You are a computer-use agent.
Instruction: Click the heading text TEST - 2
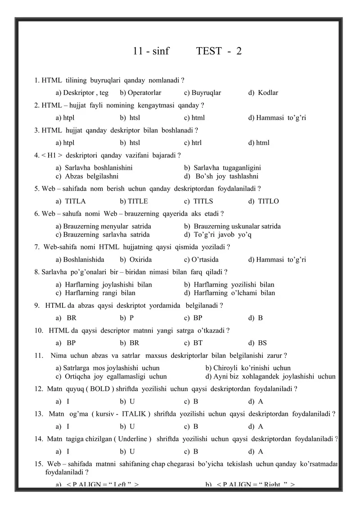[219, 51]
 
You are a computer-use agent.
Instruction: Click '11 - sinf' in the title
[151, 51]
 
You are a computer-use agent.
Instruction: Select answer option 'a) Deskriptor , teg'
[82, 93]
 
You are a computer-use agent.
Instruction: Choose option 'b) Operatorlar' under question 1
[140, 93]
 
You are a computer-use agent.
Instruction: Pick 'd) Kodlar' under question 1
[263, 93]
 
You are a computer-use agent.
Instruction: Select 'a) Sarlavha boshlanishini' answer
[94, 167]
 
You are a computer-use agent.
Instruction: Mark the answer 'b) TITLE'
[134, 201]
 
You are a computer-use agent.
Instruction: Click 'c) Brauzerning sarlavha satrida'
[103, 234]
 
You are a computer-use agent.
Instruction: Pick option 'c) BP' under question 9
[193, 318]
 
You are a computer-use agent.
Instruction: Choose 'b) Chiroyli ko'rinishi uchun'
[248, 368]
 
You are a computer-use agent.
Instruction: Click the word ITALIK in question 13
[130, 414]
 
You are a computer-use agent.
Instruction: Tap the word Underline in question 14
[133, 439]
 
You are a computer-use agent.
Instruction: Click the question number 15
[38, 464]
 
